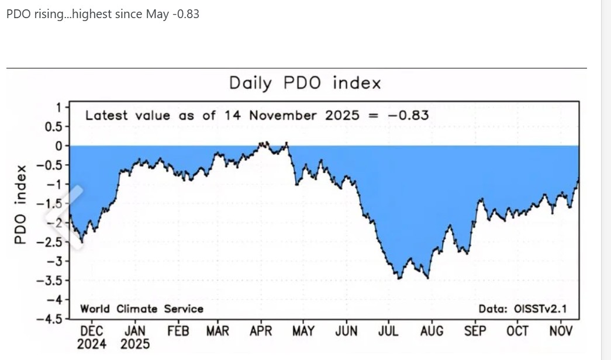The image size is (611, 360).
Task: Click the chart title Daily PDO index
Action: (305, 83)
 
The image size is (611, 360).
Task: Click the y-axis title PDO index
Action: (20, 205)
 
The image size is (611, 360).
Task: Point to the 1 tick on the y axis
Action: (58, 107)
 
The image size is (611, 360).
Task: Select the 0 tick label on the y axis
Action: (58, 146)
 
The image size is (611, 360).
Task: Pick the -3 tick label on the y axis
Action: (56, 261)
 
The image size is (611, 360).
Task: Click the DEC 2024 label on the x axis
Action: (91, 337)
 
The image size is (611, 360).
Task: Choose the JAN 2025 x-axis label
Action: (135, 337)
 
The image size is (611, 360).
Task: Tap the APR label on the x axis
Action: (261, 331)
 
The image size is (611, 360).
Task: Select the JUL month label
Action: (388, 331)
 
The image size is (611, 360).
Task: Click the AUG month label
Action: (432, 331)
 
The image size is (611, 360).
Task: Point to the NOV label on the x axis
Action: (561, 331)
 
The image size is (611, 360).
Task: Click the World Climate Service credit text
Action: (141, 309)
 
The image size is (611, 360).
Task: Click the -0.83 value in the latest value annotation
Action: (408, 115)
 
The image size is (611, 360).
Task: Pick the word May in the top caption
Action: (157, 14)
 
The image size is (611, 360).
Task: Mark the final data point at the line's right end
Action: (578, 178)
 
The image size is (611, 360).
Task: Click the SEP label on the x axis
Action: (475, 331)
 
